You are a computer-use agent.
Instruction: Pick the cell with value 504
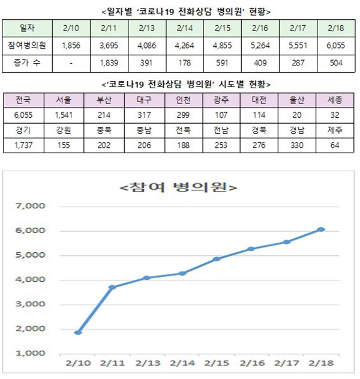coord(334,62)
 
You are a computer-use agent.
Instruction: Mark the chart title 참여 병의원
coord(179,187)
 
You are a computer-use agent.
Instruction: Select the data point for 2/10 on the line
coord(78,332)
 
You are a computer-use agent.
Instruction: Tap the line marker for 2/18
coord(322,229)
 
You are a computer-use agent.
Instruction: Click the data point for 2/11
coord(112,287)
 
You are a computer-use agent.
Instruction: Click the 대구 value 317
coord(143,115)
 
